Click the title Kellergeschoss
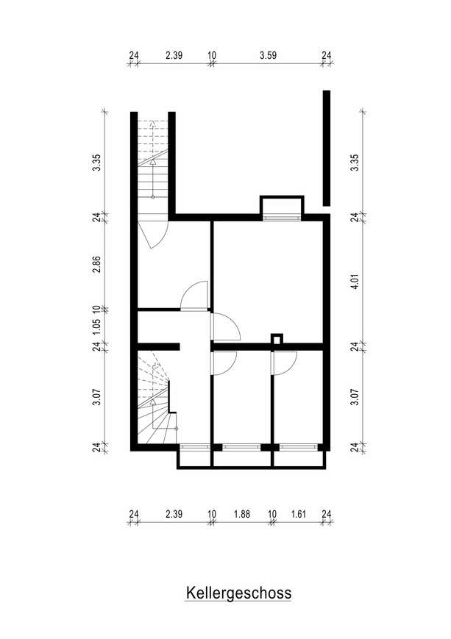coord(238,593)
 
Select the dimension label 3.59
coord(268,55)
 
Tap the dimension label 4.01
coord(355,281)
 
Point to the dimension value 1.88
coord(242,514)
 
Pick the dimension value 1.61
coord(299,514)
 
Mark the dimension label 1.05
coord(96,326)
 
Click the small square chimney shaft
coord(277,339)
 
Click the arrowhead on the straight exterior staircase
coord(153,162)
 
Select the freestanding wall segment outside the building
coord(327,148)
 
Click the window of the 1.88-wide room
coord(241,447)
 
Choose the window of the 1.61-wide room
coord(299,447)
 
